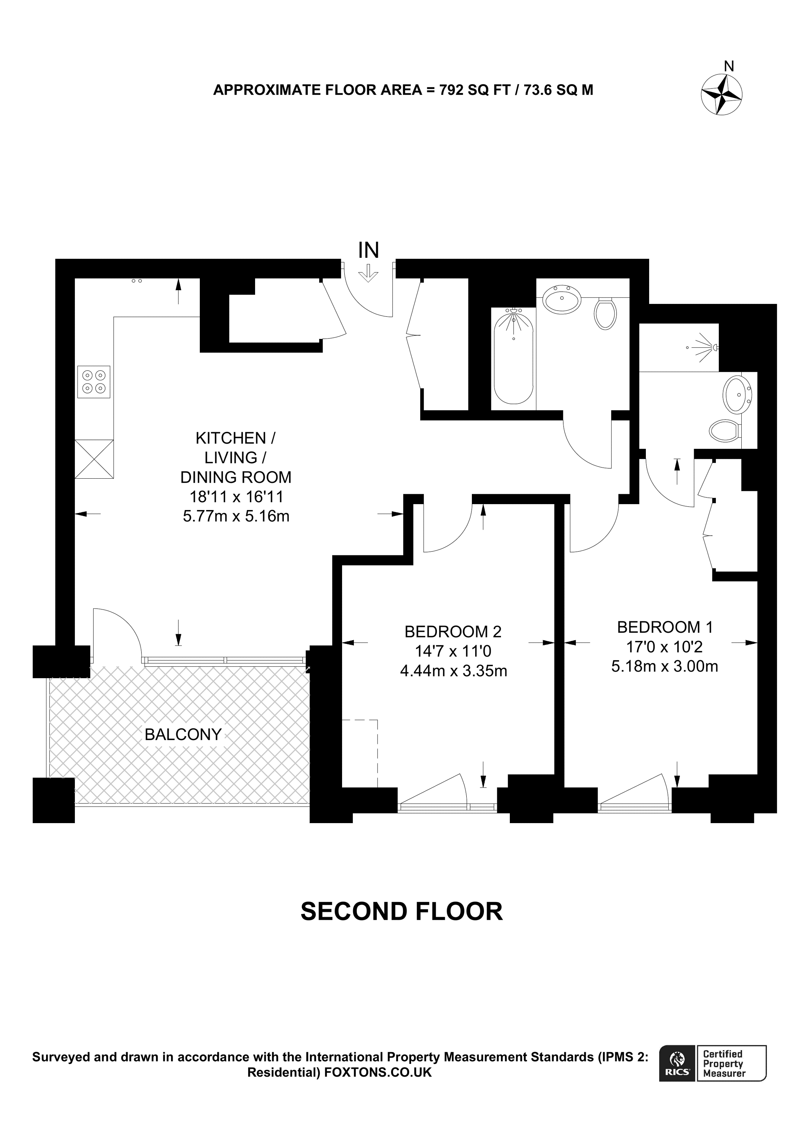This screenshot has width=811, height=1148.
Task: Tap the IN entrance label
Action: tap(369, 250)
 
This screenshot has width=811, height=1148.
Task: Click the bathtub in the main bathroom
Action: tap(513, 356)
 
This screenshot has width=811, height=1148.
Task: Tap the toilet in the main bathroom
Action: tap(605, 313)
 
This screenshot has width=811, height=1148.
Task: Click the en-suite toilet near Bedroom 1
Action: tap(725, 430)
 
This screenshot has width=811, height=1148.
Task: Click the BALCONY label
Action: tap(183, 735)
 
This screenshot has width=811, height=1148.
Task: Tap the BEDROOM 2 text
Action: tap(453, 632)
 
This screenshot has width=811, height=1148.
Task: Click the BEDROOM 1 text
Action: tap(665, 627)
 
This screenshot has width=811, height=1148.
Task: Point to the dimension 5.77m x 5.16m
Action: tap(236, 516)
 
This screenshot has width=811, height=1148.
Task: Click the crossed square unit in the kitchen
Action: tap(94, 458)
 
